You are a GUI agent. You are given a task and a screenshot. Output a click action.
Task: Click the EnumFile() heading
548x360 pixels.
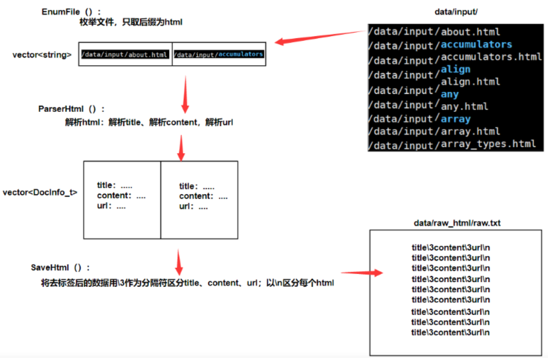(x=71, y=12)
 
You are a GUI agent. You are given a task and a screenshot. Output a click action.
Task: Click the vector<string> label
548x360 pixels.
(x=42, y=55)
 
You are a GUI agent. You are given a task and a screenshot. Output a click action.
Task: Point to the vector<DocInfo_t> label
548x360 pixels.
(x=40, y=192)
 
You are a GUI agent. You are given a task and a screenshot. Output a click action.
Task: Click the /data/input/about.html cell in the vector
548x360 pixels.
(x=125, y=55)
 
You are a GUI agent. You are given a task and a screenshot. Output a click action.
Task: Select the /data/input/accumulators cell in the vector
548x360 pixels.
(x=219, y=55)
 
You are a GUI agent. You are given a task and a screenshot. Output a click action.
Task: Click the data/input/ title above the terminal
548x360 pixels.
(x=454, y=11)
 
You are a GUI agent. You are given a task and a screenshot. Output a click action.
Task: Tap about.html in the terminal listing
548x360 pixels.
(x=471, y=32)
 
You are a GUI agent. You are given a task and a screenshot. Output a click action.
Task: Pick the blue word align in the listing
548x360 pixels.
(x=455, y=69)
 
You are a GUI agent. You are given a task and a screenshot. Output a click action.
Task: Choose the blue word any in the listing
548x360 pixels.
(x=450, y=94)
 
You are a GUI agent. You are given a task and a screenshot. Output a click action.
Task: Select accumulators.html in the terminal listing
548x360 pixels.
(x=491, y=57)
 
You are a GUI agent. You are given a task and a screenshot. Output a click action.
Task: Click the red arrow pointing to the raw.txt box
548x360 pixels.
(x=363, y=273)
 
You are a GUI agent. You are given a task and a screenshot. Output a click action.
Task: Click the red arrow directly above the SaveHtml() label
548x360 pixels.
(x=178, y=263)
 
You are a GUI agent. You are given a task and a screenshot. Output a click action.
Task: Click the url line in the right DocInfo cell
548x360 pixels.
(x=193, y=207)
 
